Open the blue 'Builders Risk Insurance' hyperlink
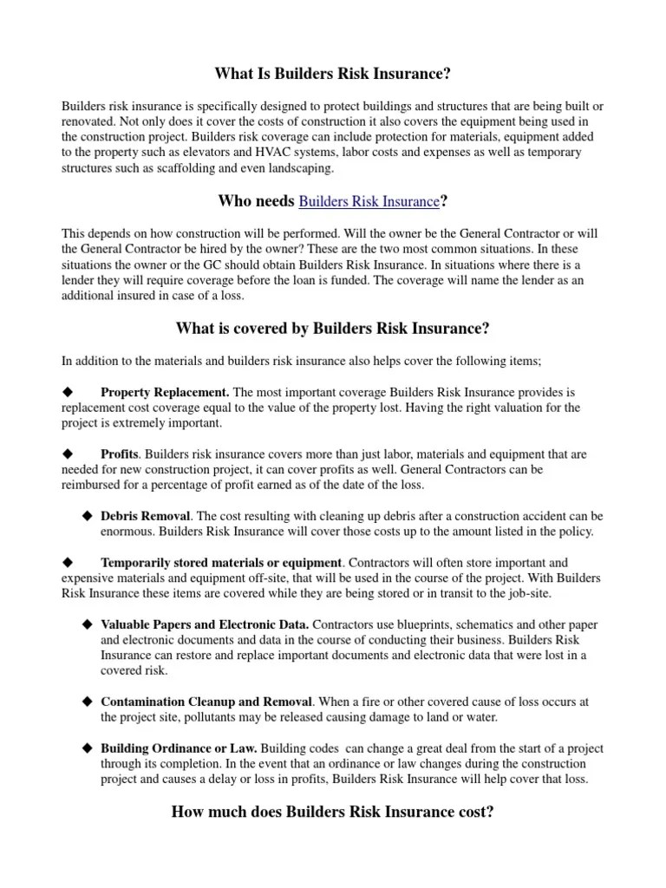[369, 202]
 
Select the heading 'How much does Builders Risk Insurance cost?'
[333, 813]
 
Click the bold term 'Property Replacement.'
[165, 392]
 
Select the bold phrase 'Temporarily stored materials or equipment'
[222, 562]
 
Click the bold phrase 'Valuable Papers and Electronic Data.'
[205, 624]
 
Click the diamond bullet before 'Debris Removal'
[87, 516]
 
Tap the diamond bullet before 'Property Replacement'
[68, 392]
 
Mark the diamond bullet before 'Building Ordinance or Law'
[87, 748]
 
